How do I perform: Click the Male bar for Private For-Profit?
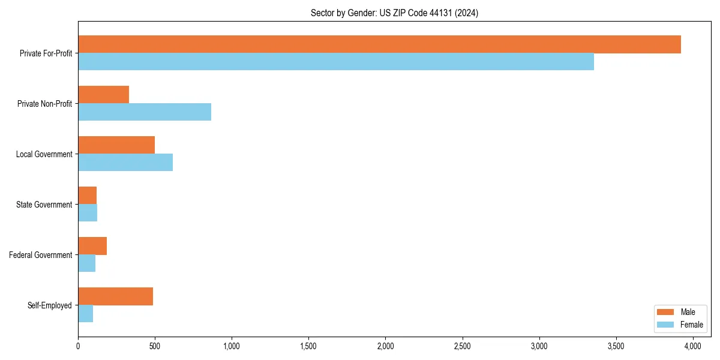(x=379, y=44)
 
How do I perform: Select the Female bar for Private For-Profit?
(x=336, y=62)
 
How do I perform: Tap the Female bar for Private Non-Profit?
(x=145, y=112)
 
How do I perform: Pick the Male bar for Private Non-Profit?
(x=103, y=95)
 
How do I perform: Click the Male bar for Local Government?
(x=116, y=145)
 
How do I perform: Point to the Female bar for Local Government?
(x=125, y=163)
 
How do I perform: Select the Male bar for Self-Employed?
(x=115, y=296)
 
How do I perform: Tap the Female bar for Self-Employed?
(x=85, y=314)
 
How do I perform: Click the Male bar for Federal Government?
(x=92, y=246)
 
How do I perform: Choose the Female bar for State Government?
(x=88, y=213)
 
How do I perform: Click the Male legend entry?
(x=679, y=312)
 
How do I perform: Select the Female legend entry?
(x=679, y=325)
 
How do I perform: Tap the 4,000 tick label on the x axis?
(x=693, y=346)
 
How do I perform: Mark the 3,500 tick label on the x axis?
(x=616, y=346)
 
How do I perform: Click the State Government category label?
(x=44, y=205)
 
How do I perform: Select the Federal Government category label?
(x=41, y=255)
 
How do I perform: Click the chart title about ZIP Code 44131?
(x=394, y=13)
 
